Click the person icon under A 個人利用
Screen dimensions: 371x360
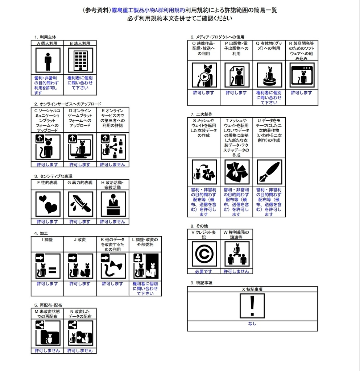(x=47, y=61)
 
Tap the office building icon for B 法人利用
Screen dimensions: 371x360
(x=80, y=61)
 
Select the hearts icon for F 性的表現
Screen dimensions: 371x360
(x=47, y=204)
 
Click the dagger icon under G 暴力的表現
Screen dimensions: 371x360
(x=80, y=204)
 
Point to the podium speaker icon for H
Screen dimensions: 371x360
(x=113, y=204)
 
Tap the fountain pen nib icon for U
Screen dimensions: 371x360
(x=269, y=173)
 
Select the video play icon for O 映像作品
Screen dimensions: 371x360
(x=204, y=76)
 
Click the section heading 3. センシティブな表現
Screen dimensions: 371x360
(x=51, y=176)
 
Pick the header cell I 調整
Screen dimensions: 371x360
(x=47, y=239)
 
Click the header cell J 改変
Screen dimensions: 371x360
(x=80, y=239)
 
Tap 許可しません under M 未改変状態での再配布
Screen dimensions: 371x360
(x=47, y=351)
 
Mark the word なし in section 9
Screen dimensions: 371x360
(x=252, y=324)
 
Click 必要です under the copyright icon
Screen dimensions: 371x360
(x=204, y=271)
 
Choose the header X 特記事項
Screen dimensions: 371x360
(x=252, y=289)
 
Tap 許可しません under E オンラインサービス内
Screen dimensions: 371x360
(x=113, y=164)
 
